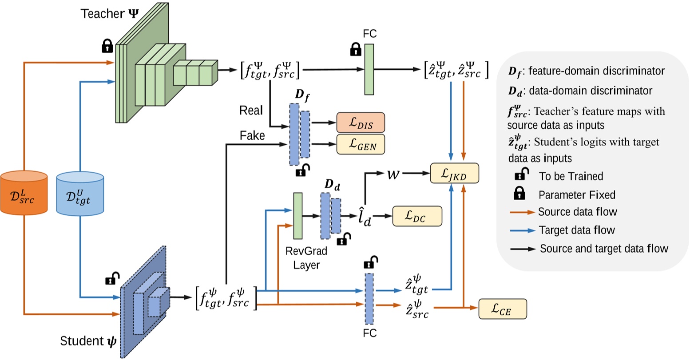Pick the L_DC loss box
[417, 216]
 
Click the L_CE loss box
[502, 309]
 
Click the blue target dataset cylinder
[80, 194]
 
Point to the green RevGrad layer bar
[297, 215]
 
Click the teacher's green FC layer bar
[369, 69]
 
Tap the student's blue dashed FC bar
[369, 298]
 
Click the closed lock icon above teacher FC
[355, 49]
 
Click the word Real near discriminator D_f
[251, 110]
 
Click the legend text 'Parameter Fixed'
[571, 194]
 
